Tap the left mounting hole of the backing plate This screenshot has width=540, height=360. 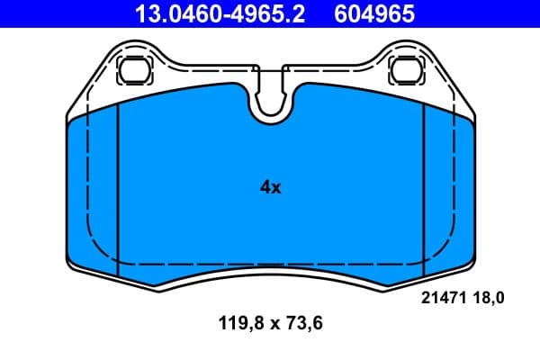(136, 68)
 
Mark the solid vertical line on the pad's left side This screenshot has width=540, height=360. (119, 189)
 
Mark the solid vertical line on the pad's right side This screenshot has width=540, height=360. (423, 189)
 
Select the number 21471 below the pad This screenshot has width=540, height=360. (442, 296)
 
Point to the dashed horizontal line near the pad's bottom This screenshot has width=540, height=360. (270, 262)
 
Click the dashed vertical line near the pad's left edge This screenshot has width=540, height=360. (86, 180)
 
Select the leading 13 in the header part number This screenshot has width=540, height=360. (144, 13)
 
